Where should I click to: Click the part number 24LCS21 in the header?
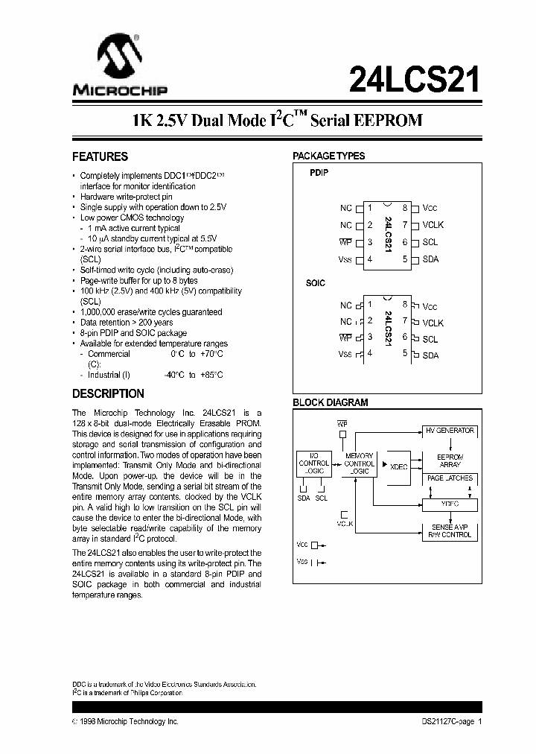pos(414,77)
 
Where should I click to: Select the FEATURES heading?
pos(100,157)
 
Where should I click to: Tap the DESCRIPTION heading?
pos(108,393)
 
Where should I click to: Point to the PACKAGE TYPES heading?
pos(328,156)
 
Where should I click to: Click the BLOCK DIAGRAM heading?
pos(330,402)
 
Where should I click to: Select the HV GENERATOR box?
pos(450,431)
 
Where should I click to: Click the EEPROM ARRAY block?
pos(450,460)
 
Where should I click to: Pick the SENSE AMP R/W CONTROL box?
pos(450,530)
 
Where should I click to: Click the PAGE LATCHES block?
pos(450,478)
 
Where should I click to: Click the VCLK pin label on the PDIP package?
pos(433,224)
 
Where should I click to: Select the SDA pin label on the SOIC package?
pos(430,355)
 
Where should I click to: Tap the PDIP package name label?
pos(319,172)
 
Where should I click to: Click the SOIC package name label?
pos(316,284)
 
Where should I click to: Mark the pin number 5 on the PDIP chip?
pos(406,259)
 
